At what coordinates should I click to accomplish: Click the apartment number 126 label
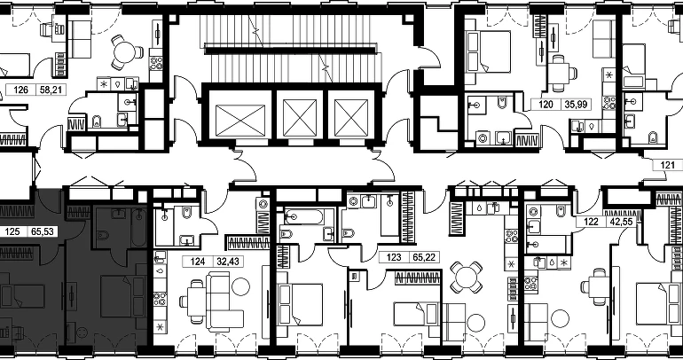(21, 90)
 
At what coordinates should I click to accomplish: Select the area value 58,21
(51, 90)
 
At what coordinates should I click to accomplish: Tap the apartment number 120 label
(546, 104)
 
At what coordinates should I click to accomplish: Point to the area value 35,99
(577, 104)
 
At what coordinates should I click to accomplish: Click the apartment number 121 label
(667, 165)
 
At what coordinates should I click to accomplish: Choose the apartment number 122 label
(591, 222)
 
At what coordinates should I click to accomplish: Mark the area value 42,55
(621, 222)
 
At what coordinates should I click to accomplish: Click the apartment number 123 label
(394, 257)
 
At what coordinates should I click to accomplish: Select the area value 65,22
(424, 257)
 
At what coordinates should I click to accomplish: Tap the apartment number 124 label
(197, 262)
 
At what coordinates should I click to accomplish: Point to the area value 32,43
(228, 262)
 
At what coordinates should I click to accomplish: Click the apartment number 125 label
(12, 231)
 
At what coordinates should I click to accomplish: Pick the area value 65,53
(43, 231)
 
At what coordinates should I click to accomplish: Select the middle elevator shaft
(300, 117)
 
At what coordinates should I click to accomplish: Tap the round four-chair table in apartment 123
(466, 277)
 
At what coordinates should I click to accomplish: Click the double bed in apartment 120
(488, 51)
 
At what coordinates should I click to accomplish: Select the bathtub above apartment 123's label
(390, 215)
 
